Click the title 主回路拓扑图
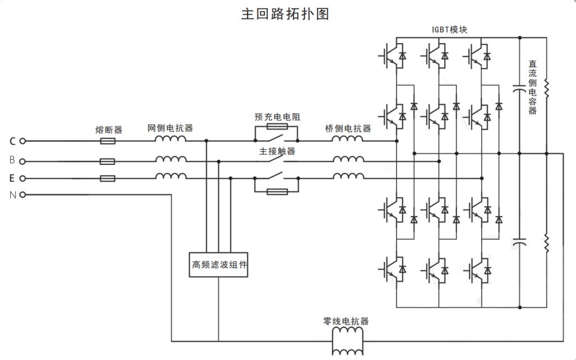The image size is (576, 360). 285,14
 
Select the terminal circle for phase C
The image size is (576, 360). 22,141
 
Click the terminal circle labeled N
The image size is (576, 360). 22,195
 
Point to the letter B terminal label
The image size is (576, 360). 12,160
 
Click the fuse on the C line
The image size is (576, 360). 108,141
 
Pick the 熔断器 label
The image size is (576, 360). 108,130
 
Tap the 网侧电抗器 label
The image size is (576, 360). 170,128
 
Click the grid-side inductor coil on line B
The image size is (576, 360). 171,160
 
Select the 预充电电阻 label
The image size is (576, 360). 277,117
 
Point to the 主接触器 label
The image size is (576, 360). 277,151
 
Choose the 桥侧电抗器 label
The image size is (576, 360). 348,128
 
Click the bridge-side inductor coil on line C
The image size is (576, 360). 348,140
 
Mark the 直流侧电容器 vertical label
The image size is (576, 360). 532,87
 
